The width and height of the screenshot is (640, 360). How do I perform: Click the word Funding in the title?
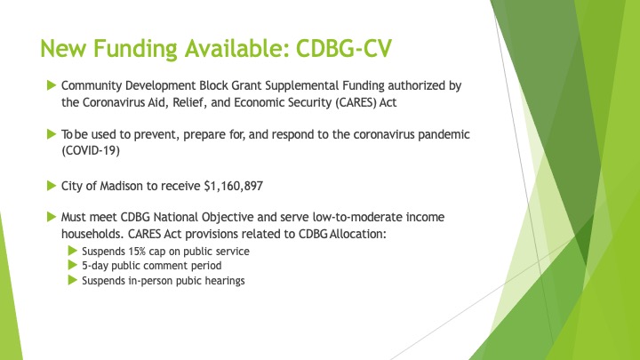point(135,49)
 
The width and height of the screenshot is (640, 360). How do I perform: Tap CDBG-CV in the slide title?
point(344,48)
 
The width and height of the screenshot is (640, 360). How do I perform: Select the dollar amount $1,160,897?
point(234,186)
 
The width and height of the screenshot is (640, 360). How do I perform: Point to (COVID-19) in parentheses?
point(91,150)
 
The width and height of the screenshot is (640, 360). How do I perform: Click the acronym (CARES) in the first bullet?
point(356,102)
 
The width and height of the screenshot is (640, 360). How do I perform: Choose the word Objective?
point(228,217)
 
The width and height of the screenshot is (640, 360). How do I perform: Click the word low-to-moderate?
point(357,217)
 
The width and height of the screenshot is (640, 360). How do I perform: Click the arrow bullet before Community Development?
point(52,85)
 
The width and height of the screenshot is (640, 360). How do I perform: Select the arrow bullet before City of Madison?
point(52,186)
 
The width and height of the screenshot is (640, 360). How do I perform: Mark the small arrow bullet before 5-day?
point(73,265)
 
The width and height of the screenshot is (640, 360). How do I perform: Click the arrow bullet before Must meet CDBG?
point(52,216)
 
